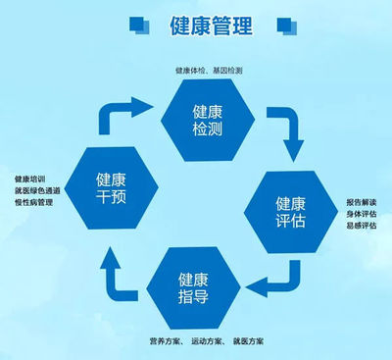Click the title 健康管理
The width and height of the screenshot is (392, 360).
(210, 23)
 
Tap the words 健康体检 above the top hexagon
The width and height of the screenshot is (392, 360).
(191, 71)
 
